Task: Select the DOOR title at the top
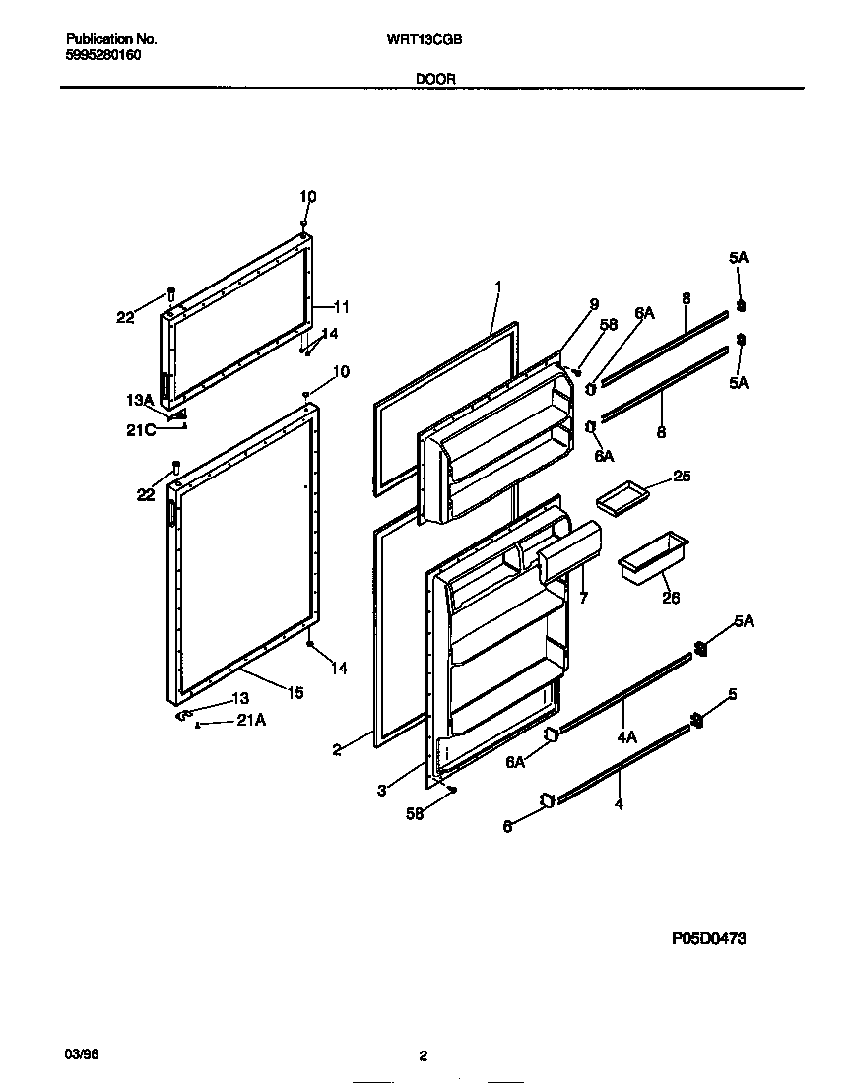pos(433,78)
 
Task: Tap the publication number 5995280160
pos(103,55)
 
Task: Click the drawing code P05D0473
pos(709,939)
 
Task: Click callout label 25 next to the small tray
pos(682,477)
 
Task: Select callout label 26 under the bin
pos(671,598)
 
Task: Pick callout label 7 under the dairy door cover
pos(583,598)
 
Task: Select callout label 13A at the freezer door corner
pos(140,400)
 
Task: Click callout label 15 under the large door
pos(295,693)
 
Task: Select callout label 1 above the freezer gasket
pos(498,287)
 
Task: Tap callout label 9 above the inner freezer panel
pos(594,305)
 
